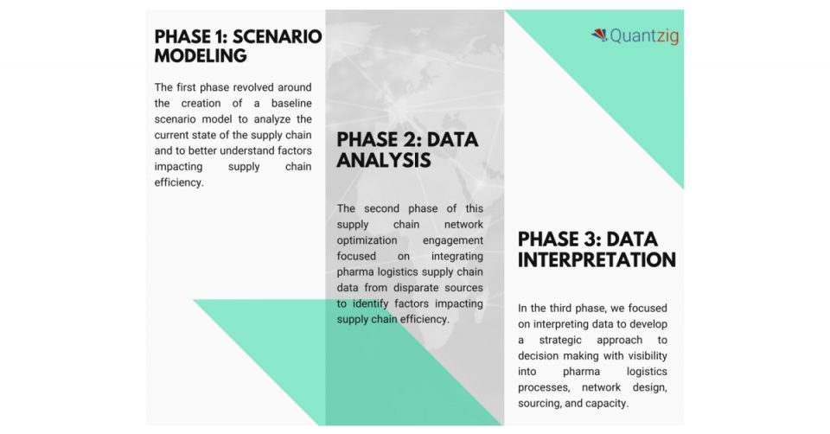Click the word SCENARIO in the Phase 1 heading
[278, 37]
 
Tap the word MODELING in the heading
[201, 55]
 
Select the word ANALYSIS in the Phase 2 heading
[384, 160]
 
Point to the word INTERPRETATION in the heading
[597, 260]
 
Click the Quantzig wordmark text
[644, 36]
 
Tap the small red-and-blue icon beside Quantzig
[599, 35]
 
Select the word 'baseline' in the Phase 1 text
[291, 103]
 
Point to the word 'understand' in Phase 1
[247, 150]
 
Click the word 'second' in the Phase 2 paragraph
[381, 208]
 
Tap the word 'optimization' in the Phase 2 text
[367, 241]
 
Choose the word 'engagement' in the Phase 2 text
[452, 241]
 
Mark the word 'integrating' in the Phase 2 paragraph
[456, 257]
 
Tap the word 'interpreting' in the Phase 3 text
[563, 324]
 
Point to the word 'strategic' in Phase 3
[560, 341]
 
